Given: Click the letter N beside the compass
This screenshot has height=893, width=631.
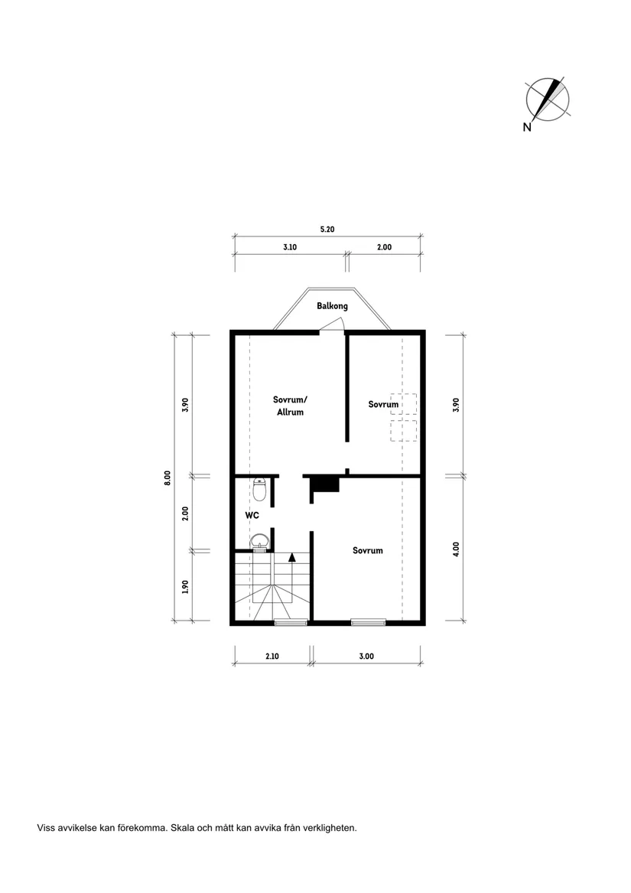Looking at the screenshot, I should (527, 128).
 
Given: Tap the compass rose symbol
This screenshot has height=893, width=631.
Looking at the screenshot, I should (547, 99).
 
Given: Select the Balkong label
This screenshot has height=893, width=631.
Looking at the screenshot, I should (333, 306).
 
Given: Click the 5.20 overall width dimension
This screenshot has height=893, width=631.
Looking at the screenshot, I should (327, 229).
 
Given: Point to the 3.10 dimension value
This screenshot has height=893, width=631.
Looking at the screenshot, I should (290, 247).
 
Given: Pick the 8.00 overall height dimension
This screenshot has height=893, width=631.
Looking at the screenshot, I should (168, 477).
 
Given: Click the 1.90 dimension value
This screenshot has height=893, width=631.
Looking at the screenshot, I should (184, 586).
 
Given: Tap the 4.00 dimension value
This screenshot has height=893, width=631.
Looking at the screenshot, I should (456, 549).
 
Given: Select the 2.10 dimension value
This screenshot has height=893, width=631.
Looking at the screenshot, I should (272, 656).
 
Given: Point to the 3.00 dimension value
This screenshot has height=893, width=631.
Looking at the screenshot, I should (366, 656).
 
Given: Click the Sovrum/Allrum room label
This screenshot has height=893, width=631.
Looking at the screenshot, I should (290, 406).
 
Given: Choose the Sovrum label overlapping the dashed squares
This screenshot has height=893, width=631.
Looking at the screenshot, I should (383, 404).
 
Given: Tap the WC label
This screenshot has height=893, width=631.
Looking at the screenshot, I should (252, 516).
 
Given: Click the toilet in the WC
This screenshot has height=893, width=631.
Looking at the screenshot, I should (259, 490).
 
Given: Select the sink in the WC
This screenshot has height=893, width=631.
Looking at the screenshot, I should (260, 541).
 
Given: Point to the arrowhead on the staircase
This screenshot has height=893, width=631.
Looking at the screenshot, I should (292, 558).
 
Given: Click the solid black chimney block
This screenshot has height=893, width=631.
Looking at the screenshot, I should (324, 484).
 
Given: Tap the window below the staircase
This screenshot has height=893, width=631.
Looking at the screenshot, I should (291, 623).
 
